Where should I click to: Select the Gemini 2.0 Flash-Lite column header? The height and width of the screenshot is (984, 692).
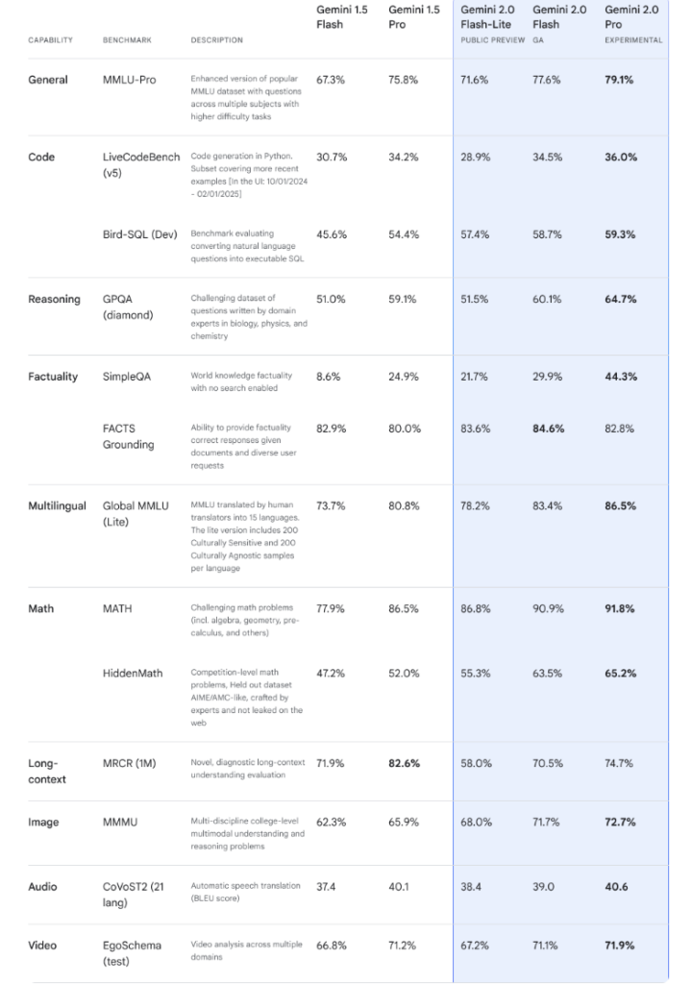pyautogui.click(x=487, y=17)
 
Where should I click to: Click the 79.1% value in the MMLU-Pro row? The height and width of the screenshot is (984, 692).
pyautogui.click(x=619, y=80)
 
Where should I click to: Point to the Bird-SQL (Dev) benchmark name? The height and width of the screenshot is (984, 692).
pyautogui.click(x=139, y=234)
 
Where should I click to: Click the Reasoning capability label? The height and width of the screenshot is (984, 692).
pyautogui.click(x=55, y=300)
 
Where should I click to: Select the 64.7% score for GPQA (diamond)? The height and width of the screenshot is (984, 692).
pyautogui.click(x=620, y=300)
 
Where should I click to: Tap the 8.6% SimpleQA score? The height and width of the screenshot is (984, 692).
pyautogui.click(x=328, y=377)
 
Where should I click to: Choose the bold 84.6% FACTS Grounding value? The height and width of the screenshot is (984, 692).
pyautogui.click(x=548, y=429)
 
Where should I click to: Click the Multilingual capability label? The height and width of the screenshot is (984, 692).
pyautogui.click(x=57, y=505)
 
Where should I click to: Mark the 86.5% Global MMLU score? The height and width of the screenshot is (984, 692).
pyautogui.click(x=620, y=505)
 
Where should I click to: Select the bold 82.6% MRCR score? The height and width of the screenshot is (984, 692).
pyautogui.click(x=404, y=763)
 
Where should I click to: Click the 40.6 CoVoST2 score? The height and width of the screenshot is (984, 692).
pyautogui.click(x=616, y=887)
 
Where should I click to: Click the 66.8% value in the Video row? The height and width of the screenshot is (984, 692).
pyautogui.click(x=331, y=946)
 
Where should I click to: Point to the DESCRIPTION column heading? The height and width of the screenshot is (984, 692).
pyautogui.click(x=216, y=40)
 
